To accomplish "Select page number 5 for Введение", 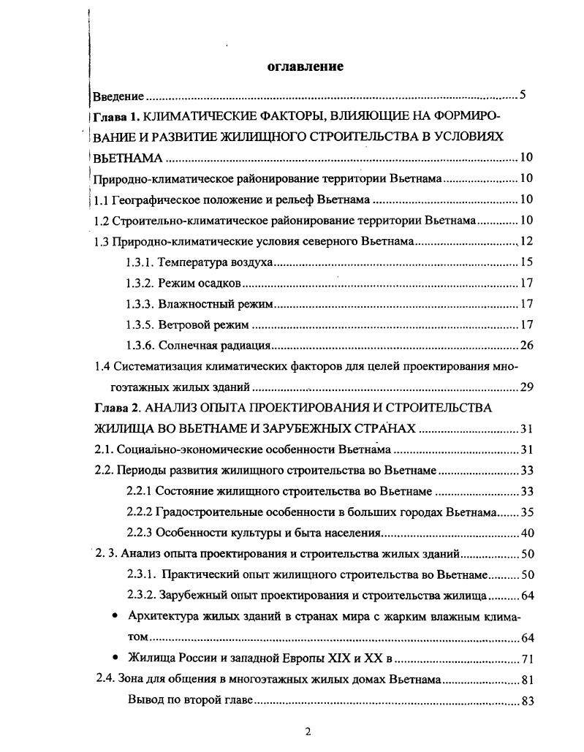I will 522,95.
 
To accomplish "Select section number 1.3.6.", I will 140,346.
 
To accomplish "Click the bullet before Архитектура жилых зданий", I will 115,616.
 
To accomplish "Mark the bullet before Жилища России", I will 115,657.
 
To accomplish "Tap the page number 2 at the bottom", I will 308,732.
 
